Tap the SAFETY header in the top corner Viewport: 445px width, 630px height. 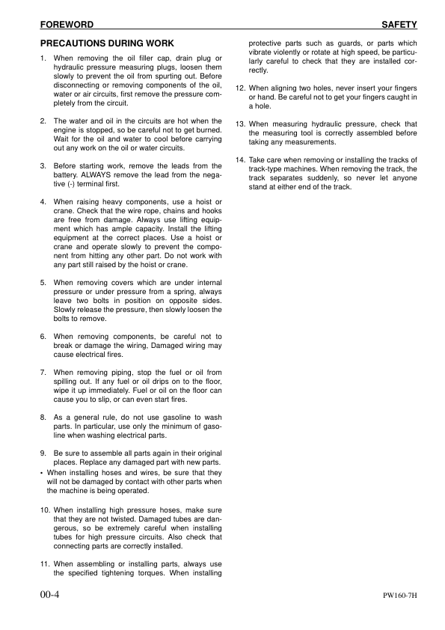click(399, 25)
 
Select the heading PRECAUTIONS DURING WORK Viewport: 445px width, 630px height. click(106, 44)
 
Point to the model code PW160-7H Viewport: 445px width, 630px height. click(399, 597)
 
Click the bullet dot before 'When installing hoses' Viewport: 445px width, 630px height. click(42, 473)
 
